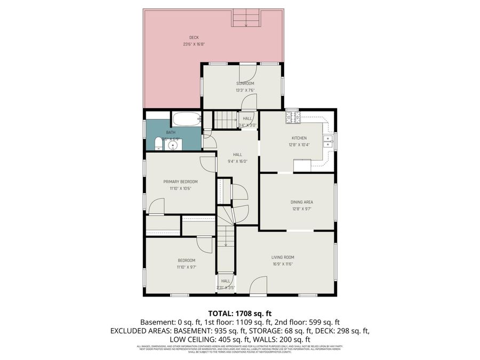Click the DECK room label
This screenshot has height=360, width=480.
(194, 37)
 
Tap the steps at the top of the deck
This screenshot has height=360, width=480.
(245, 19)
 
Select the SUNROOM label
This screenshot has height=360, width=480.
(245, 83)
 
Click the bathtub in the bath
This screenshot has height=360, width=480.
(186, 119)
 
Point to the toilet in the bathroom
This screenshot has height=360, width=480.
(151, 144)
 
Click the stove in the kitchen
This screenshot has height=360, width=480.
(292, 117)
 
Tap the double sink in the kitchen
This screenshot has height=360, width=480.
(328, 141)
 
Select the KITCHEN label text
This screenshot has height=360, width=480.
(299, 138)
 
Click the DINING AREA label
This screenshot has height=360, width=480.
(301, 202)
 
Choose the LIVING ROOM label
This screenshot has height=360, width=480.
(283, 257)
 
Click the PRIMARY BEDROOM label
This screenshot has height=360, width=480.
(180, 182)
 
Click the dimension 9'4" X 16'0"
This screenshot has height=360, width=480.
(237, 161)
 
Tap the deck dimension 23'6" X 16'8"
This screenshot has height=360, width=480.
(194, 44)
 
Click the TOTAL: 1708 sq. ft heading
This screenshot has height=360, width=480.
(240, 313)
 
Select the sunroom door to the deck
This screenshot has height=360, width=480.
(249, 71)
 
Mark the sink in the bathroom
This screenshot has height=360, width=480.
(173, 144)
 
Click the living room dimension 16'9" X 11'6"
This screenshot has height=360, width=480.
(283, 263)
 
